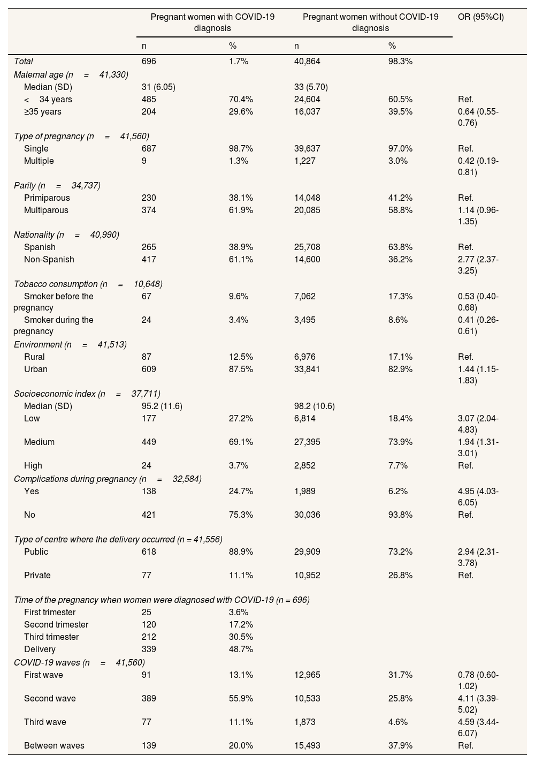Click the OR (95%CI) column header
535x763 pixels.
pyautogui.click(x=481, y=17)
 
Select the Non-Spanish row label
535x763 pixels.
pyautogui.click(x=49, y=260)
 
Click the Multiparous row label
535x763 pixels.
pyautogui.click(x=46, y=210)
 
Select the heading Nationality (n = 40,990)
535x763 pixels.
pyautogui.click(x=66, y=235)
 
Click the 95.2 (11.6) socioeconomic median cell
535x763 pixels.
pyautogui.click(x=162, y=406)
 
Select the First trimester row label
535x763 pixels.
pyautogui.click(x=50, y=613)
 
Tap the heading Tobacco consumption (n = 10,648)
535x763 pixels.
pyautogui.click(x=88, y=284)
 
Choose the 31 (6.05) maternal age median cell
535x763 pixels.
pyautogui.click(x=158, y=87)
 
